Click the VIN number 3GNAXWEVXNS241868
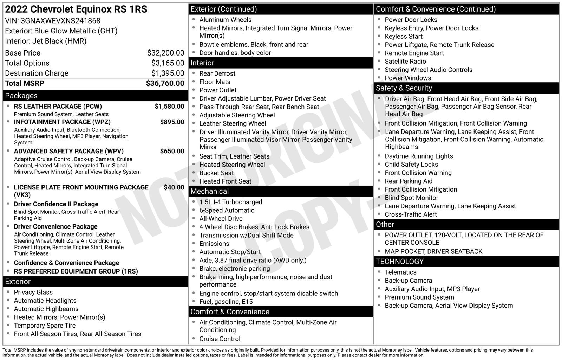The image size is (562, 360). (x=60, y=21)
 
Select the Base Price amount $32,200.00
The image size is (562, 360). (x=165, y=53)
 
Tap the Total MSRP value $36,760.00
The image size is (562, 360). (x=165, y=83)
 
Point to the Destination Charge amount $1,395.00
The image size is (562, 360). (x=168, y=73)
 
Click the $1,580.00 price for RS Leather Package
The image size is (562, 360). (x=169, y=106)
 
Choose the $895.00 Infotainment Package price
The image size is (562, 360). (x=172, y=122)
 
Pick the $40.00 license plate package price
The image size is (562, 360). (x=174, y=187)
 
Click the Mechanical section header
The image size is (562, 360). (x=209, y=191)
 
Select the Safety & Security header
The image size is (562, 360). (x=404, y=88)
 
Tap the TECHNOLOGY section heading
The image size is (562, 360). (x=400, y=261)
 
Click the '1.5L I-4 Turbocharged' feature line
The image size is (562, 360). (x=230, y=202)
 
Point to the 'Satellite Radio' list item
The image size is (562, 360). (x=405, y=61)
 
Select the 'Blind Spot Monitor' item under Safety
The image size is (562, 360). (x=411, y=198)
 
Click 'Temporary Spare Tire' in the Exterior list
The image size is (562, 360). (x=45, y=326)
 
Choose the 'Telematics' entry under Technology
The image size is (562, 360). (x=400, y=272)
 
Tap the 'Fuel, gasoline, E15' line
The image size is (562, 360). (x=226, y=302)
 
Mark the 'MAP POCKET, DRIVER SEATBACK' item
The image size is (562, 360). (x=433, y=251)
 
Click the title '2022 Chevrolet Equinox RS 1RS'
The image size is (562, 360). (x=76, y=9)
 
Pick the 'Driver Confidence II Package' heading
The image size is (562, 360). (x=56, y=204)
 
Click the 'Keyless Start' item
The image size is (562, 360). (x=404, y=36)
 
